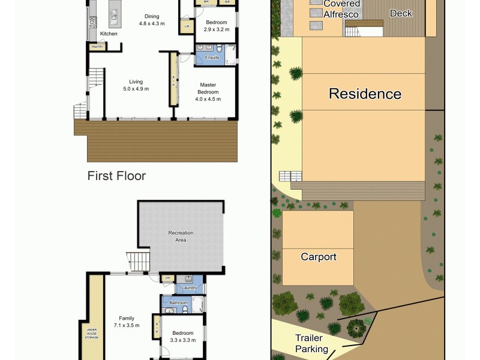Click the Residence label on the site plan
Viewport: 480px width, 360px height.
pyautogui.click(x=365, y=94)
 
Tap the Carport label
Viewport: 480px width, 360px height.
pyautogui.click(x=319, y=257)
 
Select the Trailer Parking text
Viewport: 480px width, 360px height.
pyautogui.click(x=311, y=343)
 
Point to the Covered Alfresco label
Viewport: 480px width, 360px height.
pyautogui.click(x=342, y=8)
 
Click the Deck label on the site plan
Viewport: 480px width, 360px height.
pyautogui.click(x=401, y=13)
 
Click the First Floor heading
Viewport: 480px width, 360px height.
pyautogui.click(x=116, y=176)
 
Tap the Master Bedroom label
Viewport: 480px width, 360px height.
pyautogui.click(x=208, y=88)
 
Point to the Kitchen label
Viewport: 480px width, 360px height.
pyautogui.click(x=109, y=34)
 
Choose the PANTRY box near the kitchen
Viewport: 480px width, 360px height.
pyautogui.click(x=97, y=47)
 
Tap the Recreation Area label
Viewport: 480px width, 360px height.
pyautogui.click(x=181, y=236)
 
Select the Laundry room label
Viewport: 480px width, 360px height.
pyautogui.click(x=190, y=288)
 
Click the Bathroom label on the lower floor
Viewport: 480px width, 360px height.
pyautogui.click(x=178, y=303)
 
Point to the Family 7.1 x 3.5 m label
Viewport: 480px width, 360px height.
pyautogui.click(x=126, y=322)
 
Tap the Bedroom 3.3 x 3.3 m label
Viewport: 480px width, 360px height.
pyautogui.click(x=183, y=337)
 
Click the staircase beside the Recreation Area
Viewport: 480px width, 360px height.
pyautogui.click(x=138, y=261)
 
